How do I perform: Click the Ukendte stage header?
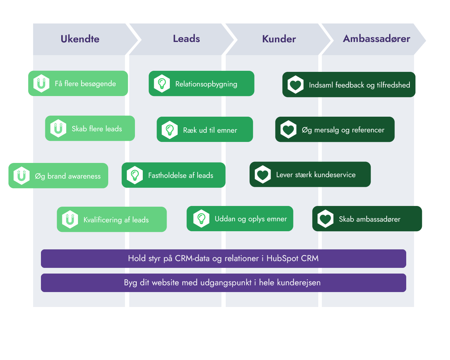tap(80, 39)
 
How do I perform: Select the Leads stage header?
tap(186, 39)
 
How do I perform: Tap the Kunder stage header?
tap(279, 39)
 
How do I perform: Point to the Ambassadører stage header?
tap(376, 39)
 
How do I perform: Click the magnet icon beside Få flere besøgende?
tap(41, 84)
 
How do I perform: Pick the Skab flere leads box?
tap(90, 128)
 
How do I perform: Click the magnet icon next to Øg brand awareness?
tap(21, 176)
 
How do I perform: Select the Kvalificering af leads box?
tap(112, 219)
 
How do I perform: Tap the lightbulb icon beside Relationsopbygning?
tap(162, 84)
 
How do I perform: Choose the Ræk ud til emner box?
tap(205, 129)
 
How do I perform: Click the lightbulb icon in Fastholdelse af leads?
tap(135, 175)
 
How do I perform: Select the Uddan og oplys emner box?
tap(240, 219)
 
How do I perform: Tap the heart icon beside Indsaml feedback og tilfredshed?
tap(295, 85)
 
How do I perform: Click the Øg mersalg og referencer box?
tap(335, 129)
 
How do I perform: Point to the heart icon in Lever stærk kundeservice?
tap(263, 174)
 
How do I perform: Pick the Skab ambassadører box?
tap(367, 219)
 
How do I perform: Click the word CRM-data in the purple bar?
tap(192, 258)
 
